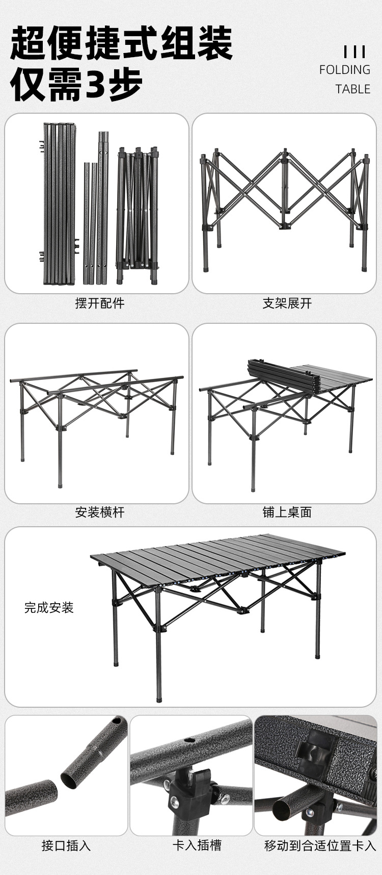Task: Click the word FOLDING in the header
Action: (344, 70)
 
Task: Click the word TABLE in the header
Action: (352, 89)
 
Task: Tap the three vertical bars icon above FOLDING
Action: (354, 52)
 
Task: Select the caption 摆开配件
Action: (100, 303)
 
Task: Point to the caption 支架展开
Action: (287, 303)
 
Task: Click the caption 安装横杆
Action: (100, 512)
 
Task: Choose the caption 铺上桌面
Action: (287, 512)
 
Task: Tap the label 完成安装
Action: (49, 607)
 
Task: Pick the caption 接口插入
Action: (66, 846)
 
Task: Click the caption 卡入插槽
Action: (197, 845)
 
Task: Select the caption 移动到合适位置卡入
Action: (320, 846)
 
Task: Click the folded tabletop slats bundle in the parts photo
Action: (60, 204)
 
